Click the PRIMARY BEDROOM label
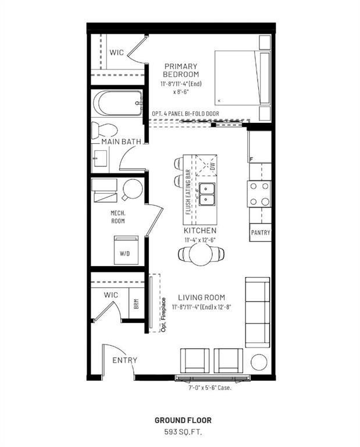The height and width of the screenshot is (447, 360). [x=181, y=70]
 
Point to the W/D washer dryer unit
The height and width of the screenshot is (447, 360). [x=125, y=250]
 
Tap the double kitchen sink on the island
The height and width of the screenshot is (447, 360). [x=206, y=194]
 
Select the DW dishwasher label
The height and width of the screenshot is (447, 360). [x=213, y=166]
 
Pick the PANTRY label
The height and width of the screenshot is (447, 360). [x=261, y=233]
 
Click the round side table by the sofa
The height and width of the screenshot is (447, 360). [x=259, y=361]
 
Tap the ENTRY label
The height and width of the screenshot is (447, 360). [x=124, y=360]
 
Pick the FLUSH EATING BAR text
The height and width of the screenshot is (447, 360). [x=188, y=193]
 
